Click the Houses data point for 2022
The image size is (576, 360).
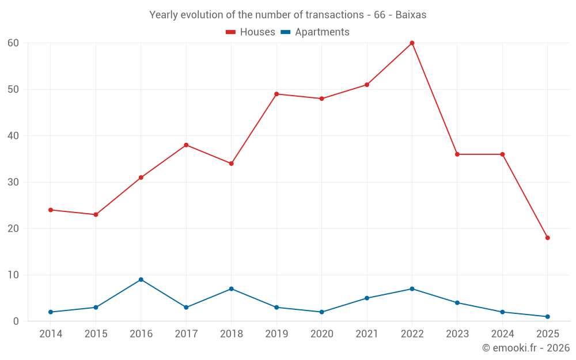coord(412,43)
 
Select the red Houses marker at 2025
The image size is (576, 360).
coord(547,238)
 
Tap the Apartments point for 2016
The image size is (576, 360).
coord(141,279)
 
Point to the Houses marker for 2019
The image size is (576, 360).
coord(276,94)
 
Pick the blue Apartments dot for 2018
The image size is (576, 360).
coord(231,289)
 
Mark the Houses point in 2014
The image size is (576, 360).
coord(51,210)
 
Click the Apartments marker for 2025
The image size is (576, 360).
coord(547,316)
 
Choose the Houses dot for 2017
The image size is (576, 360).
coord(186,145)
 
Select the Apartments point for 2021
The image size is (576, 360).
coord(367,298)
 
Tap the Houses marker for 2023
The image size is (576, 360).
coord(457,154)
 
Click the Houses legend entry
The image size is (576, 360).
coord(251,32)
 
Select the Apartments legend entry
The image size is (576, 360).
coord(315,32)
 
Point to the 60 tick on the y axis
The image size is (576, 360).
coord(13,43)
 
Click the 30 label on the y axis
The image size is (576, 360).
coord(13,182)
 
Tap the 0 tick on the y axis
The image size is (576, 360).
coord(16,321)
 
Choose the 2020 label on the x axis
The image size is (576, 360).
coord(322,334)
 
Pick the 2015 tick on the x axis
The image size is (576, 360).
coord(96,334)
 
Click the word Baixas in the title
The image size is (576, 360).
coord(411,15)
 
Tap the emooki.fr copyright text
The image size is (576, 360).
coord(525,348)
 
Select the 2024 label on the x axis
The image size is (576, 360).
coord(502,334)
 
